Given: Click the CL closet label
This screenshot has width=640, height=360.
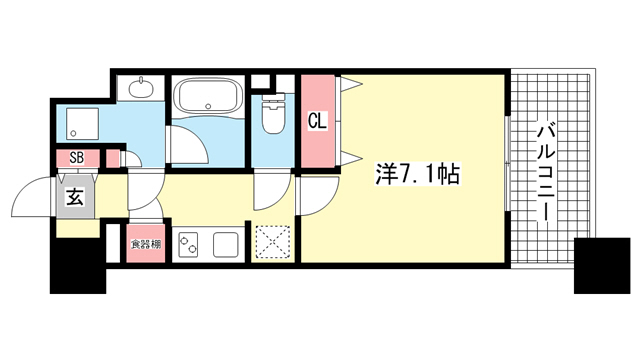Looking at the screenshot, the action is click(x=318, y=121).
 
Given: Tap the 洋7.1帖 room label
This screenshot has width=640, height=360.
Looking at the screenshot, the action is click(x=418, y=174).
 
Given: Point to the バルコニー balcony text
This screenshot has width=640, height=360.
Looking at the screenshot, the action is click(x=546, y=173).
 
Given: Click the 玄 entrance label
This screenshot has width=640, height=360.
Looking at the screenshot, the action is click(x=76, y=197).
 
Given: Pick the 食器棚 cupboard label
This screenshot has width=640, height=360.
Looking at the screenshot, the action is click(x=146, y=244).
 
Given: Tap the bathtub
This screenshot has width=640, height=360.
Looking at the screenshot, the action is click(x=208, y=97).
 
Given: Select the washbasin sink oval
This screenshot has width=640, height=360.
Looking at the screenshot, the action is click(x=141, y=88).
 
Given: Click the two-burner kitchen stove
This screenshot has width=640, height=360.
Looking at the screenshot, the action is click(x=188, y=244).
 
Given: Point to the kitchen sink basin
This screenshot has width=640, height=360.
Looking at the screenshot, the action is click(x=226, y=244).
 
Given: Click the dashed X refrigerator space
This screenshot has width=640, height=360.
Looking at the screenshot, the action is click(x=273, y=243).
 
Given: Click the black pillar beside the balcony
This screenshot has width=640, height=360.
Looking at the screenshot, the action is click(x=602, y=265).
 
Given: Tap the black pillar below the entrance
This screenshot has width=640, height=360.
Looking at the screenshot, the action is click(x=78, y=266).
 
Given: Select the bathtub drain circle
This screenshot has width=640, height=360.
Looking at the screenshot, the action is click(x=208, y=107).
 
